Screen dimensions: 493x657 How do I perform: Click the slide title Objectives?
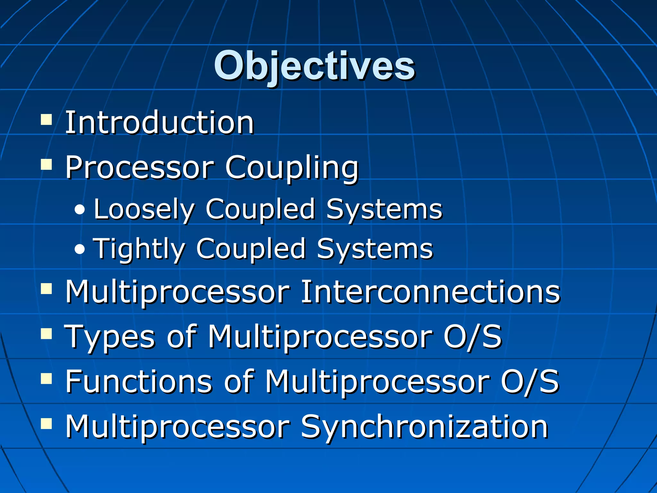314,66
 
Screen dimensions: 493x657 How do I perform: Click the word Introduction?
159,123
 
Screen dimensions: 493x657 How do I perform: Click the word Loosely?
144,209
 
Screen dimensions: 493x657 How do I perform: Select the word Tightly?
139,249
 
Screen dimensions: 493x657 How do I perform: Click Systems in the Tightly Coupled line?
375,249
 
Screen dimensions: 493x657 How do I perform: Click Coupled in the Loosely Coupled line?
260,209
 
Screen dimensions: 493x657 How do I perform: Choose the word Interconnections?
430,291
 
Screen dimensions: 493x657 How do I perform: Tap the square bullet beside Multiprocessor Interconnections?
47,289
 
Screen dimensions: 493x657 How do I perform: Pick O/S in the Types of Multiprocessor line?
472,336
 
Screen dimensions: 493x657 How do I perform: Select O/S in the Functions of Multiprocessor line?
530,381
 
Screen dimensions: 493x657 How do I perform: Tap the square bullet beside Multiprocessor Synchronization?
47,423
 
